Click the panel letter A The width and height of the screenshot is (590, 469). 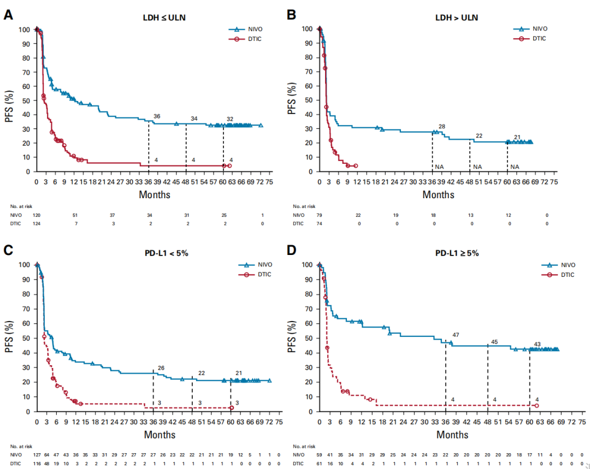9,14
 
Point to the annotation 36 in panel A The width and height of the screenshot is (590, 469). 157,116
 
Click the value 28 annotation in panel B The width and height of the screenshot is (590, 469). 442,127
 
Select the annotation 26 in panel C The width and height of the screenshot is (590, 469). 161,367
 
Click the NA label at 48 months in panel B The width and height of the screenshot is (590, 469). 477,167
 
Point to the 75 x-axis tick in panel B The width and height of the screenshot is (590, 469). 553,181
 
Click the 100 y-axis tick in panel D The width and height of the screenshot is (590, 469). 308,265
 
